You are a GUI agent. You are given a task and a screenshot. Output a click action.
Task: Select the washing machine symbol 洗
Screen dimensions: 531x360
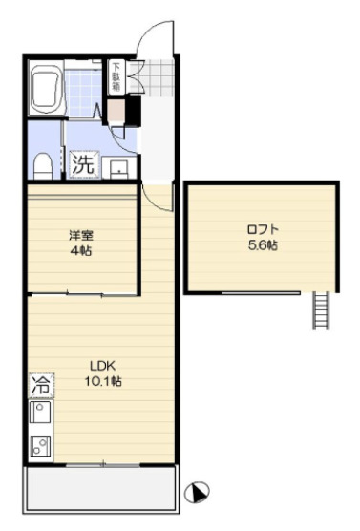coord(84,163)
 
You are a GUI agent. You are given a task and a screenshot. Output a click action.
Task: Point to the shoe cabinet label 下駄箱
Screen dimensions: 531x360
coord(116,76)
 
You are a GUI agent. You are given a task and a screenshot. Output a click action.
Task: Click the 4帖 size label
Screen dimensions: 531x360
coord(80,249)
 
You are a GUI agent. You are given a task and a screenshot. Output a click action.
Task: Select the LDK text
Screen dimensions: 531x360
coord(102,365)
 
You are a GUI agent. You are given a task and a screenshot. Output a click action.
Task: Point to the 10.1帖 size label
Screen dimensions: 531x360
coord(102,380)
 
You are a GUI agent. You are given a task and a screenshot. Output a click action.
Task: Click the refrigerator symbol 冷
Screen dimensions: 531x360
coord(40,387)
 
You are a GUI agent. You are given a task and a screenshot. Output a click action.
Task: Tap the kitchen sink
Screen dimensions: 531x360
coord(41,414)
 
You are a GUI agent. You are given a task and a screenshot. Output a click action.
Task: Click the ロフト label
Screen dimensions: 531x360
coord(260,229)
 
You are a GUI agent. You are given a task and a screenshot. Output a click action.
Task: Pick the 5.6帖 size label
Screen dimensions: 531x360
coord(260,245)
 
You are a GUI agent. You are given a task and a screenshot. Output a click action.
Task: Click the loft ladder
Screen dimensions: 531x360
coord(321,309)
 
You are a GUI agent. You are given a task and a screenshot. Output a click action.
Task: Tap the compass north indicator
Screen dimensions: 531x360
coord(198,493)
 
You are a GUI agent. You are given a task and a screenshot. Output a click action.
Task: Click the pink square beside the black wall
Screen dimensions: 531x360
coord(116,109)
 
